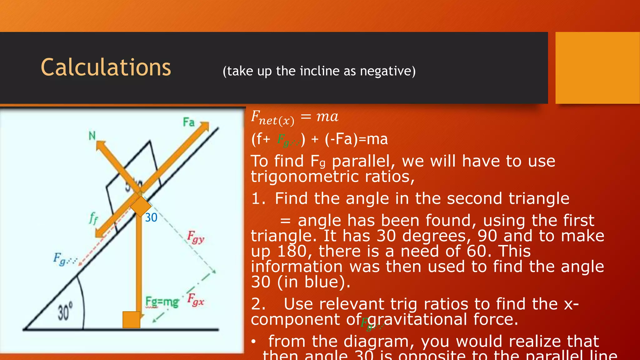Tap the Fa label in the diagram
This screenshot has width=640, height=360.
[x=188, y=122]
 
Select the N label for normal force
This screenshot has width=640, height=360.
[x=92, y=136]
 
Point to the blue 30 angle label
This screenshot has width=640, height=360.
[x=151, y=217]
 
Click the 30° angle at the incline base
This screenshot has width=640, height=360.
[x=65, y=311]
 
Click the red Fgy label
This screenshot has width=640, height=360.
[x=196, y=237]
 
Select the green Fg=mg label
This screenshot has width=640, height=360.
[x=162, y=302]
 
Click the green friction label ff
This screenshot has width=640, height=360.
[x=93, y=218]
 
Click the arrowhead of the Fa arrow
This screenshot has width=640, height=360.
[x=205, y=126]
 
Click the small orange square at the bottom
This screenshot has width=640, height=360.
[x=131, y=319]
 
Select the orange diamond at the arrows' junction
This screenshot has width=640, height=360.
[x=141, y=206]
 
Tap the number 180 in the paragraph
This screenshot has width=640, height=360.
[x=292, y=251]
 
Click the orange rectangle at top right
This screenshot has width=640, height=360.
[x=597, y=67]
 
